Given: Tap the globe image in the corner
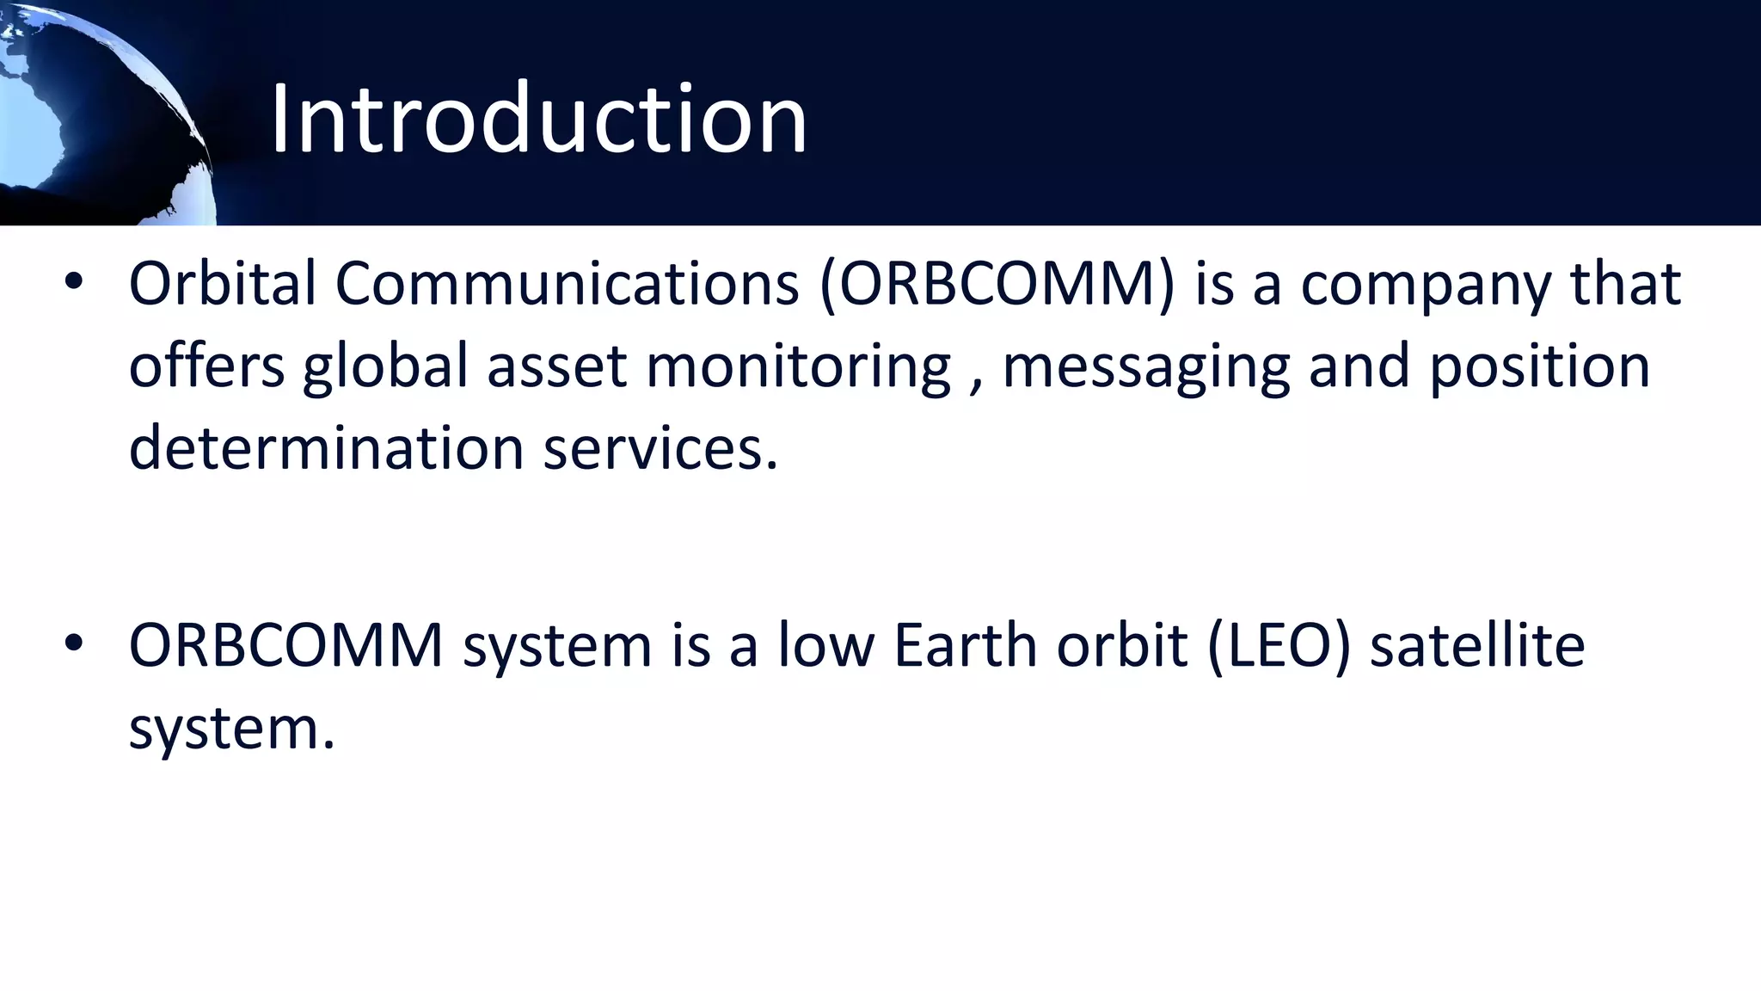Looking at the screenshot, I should [95, 112].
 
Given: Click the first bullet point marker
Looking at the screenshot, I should [74, 281].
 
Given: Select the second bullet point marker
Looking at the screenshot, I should [74, 643].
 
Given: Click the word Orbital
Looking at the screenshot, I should [223, 284].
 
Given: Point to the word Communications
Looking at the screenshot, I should [567, 284].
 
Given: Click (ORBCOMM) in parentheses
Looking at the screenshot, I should [997, 284].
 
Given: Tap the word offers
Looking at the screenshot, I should [206, 366].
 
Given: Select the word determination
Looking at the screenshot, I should [326, 448].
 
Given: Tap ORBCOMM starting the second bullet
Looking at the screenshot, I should [285, 645].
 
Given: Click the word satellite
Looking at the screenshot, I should [1476, 645].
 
